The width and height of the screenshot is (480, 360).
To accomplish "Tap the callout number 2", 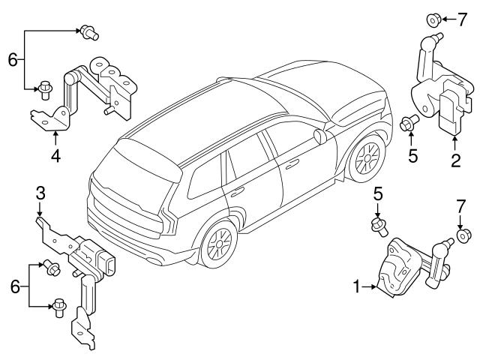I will coord(455,159).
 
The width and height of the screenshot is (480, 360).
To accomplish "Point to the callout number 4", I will coord(55,157).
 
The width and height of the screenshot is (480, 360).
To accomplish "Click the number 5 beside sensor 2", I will coord(411,157).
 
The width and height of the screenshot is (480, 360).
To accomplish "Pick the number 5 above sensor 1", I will coord(379,193).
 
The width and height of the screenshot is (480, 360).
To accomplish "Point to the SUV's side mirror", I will coord(321,136).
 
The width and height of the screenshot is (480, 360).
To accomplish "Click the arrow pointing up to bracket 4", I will coord(55,138).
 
